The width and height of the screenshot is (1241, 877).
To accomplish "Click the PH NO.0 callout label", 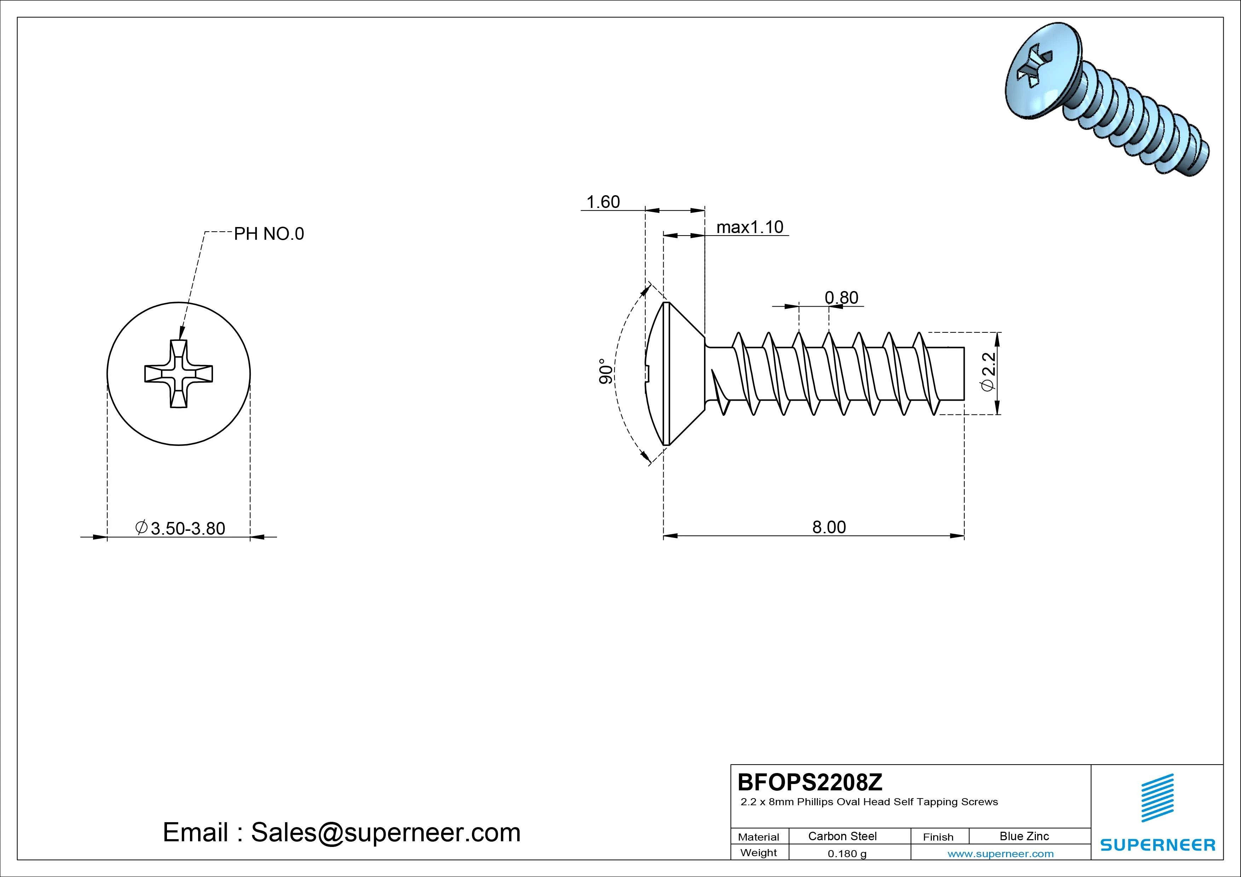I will pos(269,234).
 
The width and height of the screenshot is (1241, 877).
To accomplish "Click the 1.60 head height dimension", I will pos(603,202).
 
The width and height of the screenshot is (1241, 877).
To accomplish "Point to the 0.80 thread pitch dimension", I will pos(841,298).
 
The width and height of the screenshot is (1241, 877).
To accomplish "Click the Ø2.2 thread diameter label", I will pos(987,372).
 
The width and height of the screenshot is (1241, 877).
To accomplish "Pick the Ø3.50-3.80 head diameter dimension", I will pos(180,528).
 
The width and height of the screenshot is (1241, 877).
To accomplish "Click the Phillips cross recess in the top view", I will pos(178,374).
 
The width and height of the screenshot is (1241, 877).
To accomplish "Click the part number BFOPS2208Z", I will pos(810,782).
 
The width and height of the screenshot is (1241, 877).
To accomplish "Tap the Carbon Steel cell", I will pos(842,836).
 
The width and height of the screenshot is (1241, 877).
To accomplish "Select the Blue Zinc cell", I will pos(1024,836).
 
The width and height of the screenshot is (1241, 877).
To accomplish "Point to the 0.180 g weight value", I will pos(847,854).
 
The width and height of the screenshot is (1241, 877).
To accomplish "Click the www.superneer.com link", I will pos(1000,854).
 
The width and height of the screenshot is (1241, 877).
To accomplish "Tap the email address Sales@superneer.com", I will pos(385,833).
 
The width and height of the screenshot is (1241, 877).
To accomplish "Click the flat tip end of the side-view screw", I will pos(963,373).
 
